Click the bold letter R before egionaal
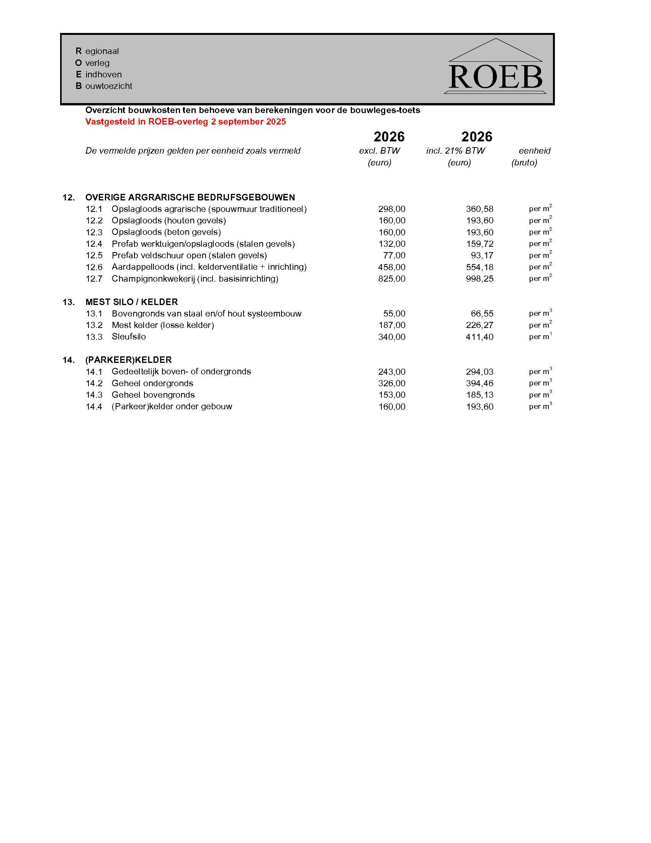79,51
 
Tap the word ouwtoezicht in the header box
108,86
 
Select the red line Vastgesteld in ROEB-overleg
185,121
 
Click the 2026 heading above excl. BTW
389,137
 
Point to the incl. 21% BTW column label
455,151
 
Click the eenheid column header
534,151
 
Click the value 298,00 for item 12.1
391,209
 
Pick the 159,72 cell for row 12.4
479,244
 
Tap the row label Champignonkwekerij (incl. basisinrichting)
195,279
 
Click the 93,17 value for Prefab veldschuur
482,256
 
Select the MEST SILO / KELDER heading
131,302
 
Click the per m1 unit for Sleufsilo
540,336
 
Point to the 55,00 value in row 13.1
394,313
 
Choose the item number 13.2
94,325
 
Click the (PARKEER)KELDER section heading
128,360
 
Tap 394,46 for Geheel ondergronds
479,383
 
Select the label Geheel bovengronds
153,395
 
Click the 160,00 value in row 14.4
391,407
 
